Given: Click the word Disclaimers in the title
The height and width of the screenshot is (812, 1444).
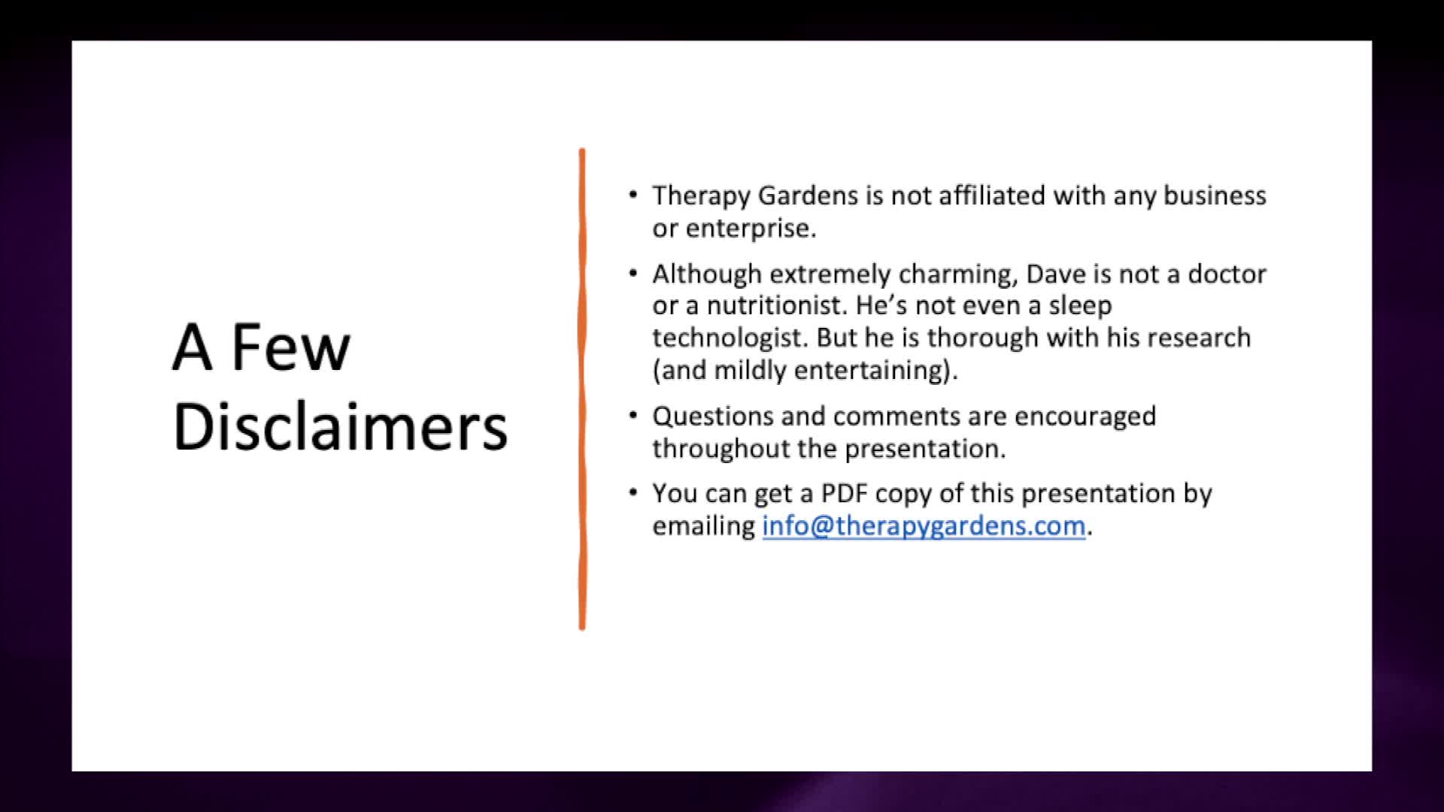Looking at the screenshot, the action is tap(340, 426).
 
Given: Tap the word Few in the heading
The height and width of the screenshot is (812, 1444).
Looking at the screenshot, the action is tap(290, 347).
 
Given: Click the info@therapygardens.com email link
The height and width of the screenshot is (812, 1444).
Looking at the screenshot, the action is tap(924, 526).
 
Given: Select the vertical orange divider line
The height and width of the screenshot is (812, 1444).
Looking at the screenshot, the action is tap(582, 389).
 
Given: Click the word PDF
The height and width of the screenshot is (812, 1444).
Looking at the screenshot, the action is tap(845, 494).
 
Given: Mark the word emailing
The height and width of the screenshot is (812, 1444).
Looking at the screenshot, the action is tap(704, 526).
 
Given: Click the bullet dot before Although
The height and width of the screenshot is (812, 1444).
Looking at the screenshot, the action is tap(633, 274).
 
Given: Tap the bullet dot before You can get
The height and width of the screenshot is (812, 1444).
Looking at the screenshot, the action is tap(633, 493).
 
